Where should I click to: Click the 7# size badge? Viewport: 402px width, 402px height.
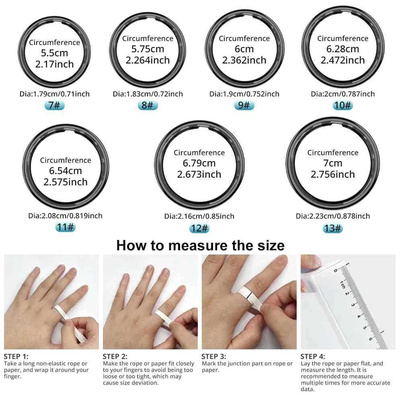click(x=54, y=106)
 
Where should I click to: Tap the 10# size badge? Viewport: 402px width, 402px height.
click(x=343, y=106)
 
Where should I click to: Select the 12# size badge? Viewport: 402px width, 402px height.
click(x=199, y=228)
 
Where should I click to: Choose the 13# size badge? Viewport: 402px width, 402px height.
click(x=332, y=228)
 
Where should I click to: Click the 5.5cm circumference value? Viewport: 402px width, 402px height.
click(x=54, y=53)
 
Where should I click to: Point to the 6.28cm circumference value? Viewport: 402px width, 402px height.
click(x=343, y=49)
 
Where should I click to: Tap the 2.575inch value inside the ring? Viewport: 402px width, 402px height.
click(x=66, y=182)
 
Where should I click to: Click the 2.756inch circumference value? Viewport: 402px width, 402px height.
click(x=332, y=174)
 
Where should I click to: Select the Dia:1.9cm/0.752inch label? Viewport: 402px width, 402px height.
click(x=244, y=94)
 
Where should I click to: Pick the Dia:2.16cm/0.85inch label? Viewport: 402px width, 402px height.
click(x=199, y=216)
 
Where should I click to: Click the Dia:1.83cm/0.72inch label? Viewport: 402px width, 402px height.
click(x=148, y=94)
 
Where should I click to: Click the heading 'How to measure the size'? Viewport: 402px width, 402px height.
click(x=200, y=245)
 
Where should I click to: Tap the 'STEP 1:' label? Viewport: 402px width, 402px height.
click(x=16, y=356)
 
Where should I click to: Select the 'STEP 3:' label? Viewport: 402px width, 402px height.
click(x=213, y=356)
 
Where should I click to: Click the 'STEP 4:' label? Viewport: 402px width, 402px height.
click(x=313, y=356)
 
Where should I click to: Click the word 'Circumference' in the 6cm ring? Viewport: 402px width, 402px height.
click(x=244, y=39)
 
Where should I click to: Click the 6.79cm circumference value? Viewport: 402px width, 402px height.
click(x=199, y=163)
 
